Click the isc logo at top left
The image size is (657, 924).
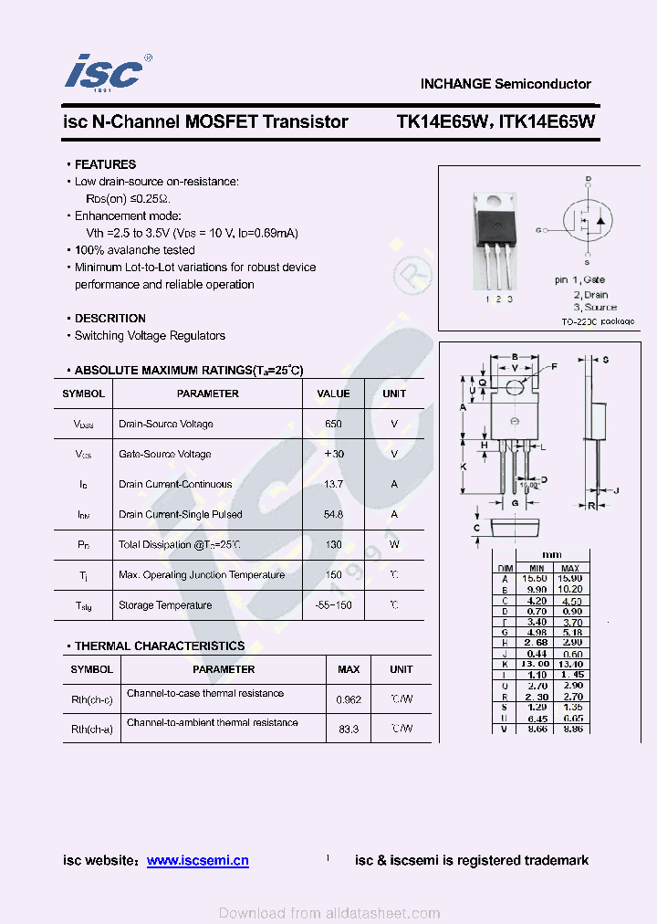tap(106, 71)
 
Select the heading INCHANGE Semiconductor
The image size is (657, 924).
tap(506, 84)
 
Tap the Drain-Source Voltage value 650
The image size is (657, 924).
tap(333, 424)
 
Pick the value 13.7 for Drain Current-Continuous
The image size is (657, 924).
tap(333, 484)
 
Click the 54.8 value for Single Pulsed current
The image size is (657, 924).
tap(333, 514)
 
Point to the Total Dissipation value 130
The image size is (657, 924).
tap(333, 545)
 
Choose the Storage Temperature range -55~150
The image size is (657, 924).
tap(333, 605)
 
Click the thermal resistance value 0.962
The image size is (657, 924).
tap(348, 699)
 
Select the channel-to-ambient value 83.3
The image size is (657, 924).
tap(348, 729)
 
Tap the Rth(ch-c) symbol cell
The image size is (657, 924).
tap(92, 699)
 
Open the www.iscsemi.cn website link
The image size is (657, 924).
tap(197, 860)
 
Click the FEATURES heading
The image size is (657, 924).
tap(105, 164)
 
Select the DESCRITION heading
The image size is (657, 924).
tap(109, 319)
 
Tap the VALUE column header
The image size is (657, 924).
tap(333, 394)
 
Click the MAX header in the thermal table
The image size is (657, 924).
tap(349, 669)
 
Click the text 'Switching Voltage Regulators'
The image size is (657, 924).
tap(150, 336)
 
